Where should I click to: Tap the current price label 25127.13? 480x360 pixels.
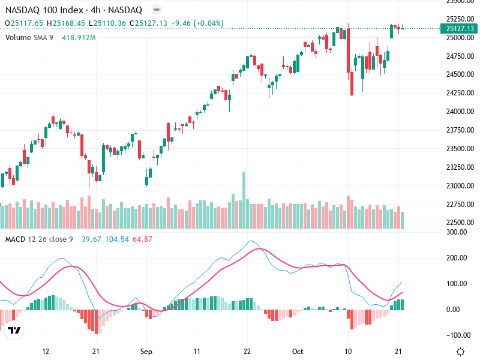tap(461, 28)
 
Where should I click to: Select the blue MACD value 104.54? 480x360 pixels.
tap(117, 239)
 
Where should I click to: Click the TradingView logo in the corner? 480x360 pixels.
tap(14, 331)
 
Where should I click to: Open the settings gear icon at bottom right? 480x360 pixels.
tap(461, 352)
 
